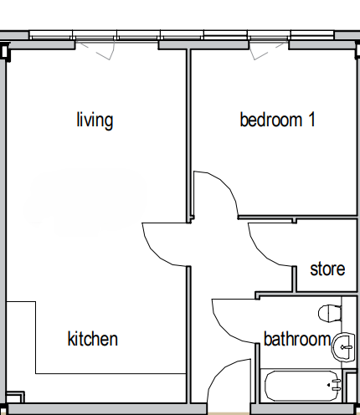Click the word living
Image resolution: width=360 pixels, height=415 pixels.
coord(95,120)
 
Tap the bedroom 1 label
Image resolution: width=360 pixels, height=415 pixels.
coord(278,120)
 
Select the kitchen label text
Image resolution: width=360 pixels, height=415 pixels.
coord(93,339)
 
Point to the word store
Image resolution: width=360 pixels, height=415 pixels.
coord(327,269)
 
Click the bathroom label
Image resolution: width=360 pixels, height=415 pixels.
coord(297,339)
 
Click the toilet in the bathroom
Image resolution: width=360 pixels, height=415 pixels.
coord(330,313)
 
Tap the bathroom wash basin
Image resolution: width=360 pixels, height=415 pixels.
coord(343,347)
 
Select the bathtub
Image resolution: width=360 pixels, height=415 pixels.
coord(303,386)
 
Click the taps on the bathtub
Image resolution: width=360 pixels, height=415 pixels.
coord(337,385)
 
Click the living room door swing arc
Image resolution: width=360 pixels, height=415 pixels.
coord(152,252)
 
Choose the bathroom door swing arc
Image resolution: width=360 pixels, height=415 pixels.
coord(223,329)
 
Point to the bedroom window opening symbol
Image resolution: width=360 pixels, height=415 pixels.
coord(267,51)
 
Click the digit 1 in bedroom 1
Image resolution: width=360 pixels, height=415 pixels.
coord(312,120)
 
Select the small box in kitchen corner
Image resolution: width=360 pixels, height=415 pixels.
coord(15,397)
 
